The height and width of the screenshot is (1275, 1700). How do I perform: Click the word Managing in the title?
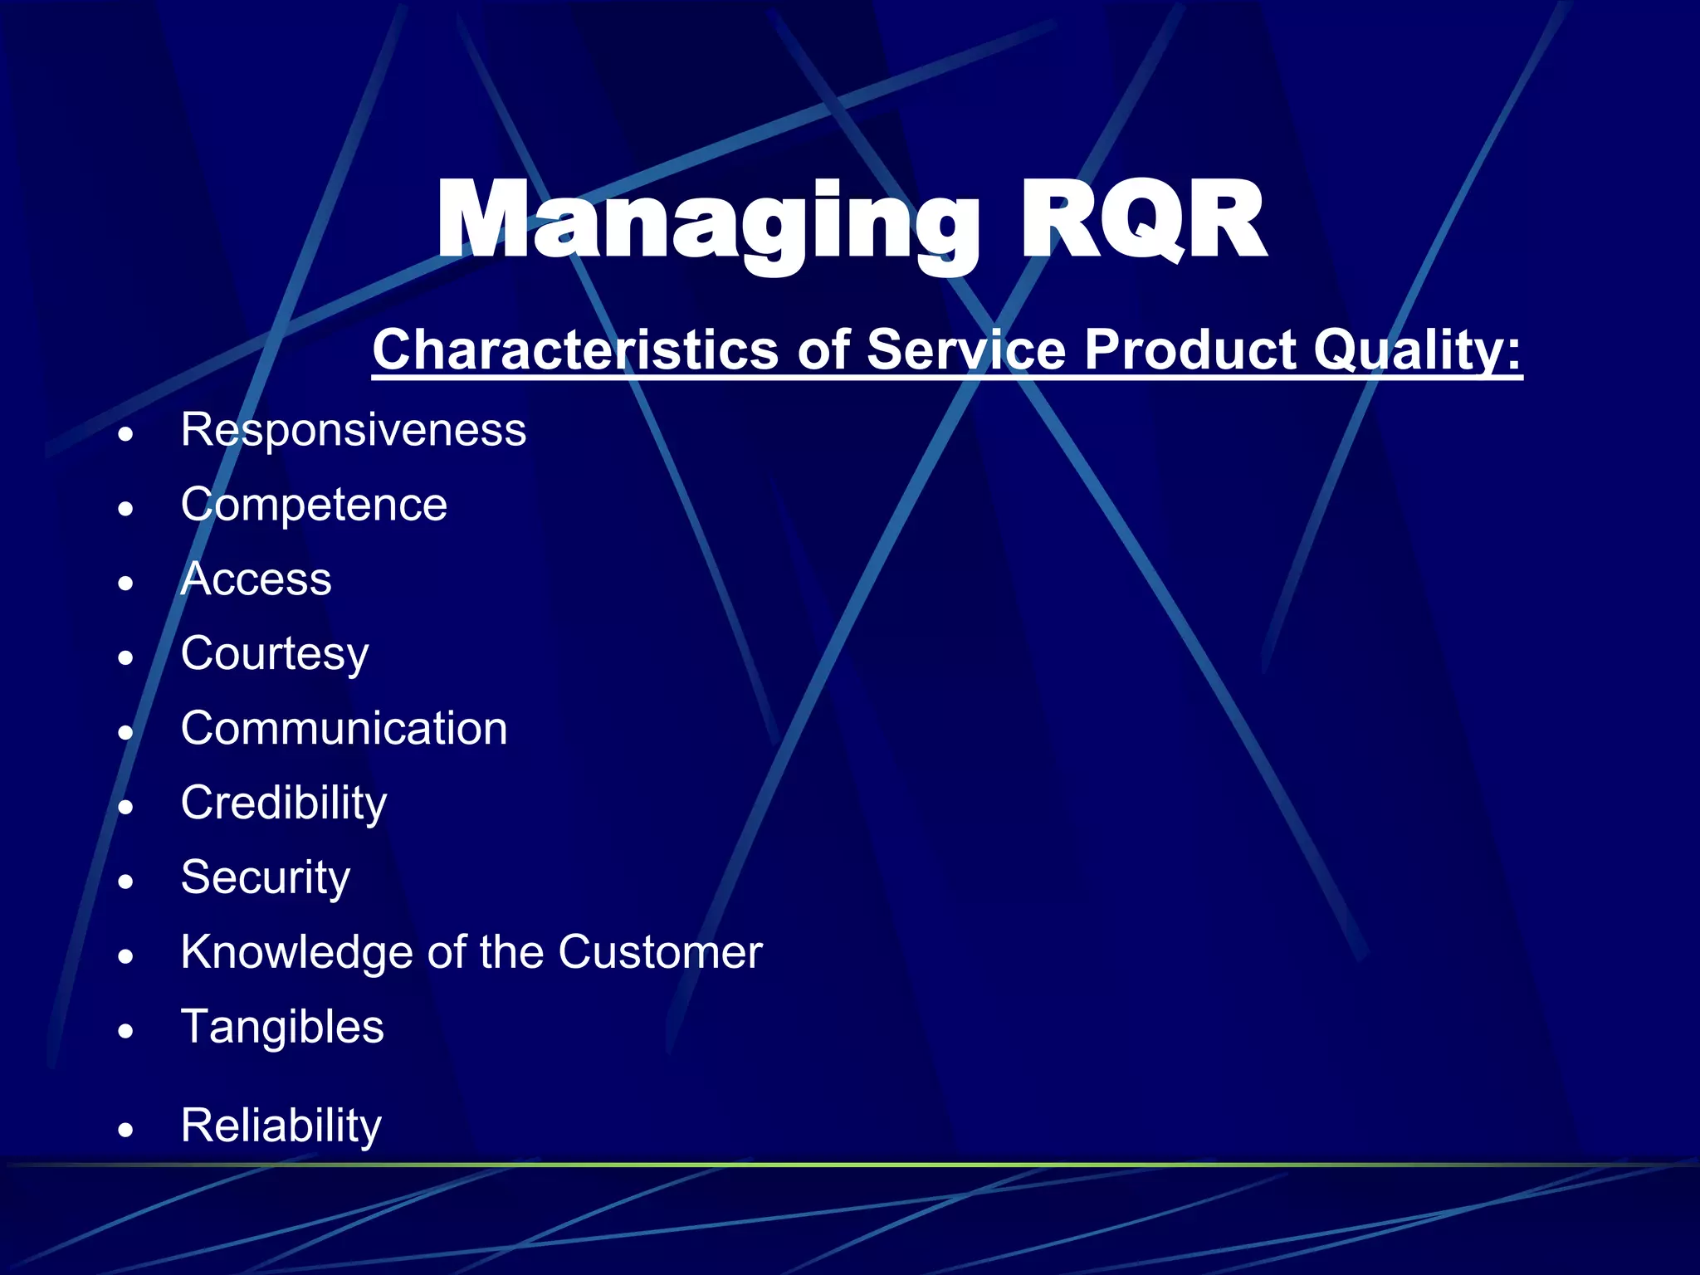coord(706,222)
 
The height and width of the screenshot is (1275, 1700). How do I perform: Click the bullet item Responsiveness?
coord(354,430)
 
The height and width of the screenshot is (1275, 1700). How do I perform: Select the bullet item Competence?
coord(314,505)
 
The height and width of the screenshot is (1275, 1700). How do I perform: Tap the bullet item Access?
coord(256,579)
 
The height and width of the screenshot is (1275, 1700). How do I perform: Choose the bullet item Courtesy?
coord(275,654)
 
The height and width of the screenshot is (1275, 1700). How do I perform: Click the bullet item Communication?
coord(344,729)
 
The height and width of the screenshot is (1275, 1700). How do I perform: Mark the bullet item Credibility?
coord(284,804)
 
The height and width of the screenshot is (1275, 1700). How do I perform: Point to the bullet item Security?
coord(266,878)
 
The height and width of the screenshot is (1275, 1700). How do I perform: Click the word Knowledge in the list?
coord(296,953)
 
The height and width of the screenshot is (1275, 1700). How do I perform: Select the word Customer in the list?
coord(660,953)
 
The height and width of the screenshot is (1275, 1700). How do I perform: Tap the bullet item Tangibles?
coord(282,1028)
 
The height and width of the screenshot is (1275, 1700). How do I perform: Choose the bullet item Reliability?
coord(281,1126)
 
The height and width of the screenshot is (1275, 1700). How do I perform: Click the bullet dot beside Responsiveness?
coord(125,434)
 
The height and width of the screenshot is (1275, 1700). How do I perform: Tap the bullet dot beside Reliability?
coord(125,1131)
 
